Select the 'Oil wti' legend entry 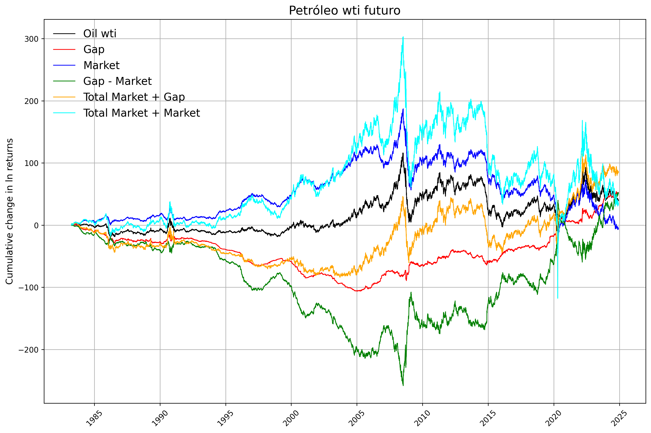pyautogui.click(x=100, y=34)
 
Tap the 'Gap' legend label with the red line pyautogui.click(x=94, y=49)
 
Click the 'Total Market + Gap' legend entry pyautogui.click(x=134, y=97)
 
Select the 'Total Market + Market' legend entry pyautogui.click(x=141, y=113)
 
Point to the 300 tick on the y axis pyautogui.click(x=31, y=39)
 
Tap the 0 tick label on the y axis pyautogui.click(x=36, y=226)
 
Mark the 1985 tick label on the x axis pyautogui.click(x=94, y=418)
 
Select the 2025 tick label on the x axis pyautogui.click(x=619, y=418)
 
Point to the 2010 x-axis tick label pyautogui.click(x=422, y=418)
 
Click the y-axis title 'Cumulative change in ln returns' pyautogui.click(x=9, y=211)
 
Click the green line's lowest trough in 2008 pyautogui.click(x=403, y=385)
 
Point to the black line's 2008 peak pyautogui.click(x=403, y=153)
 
